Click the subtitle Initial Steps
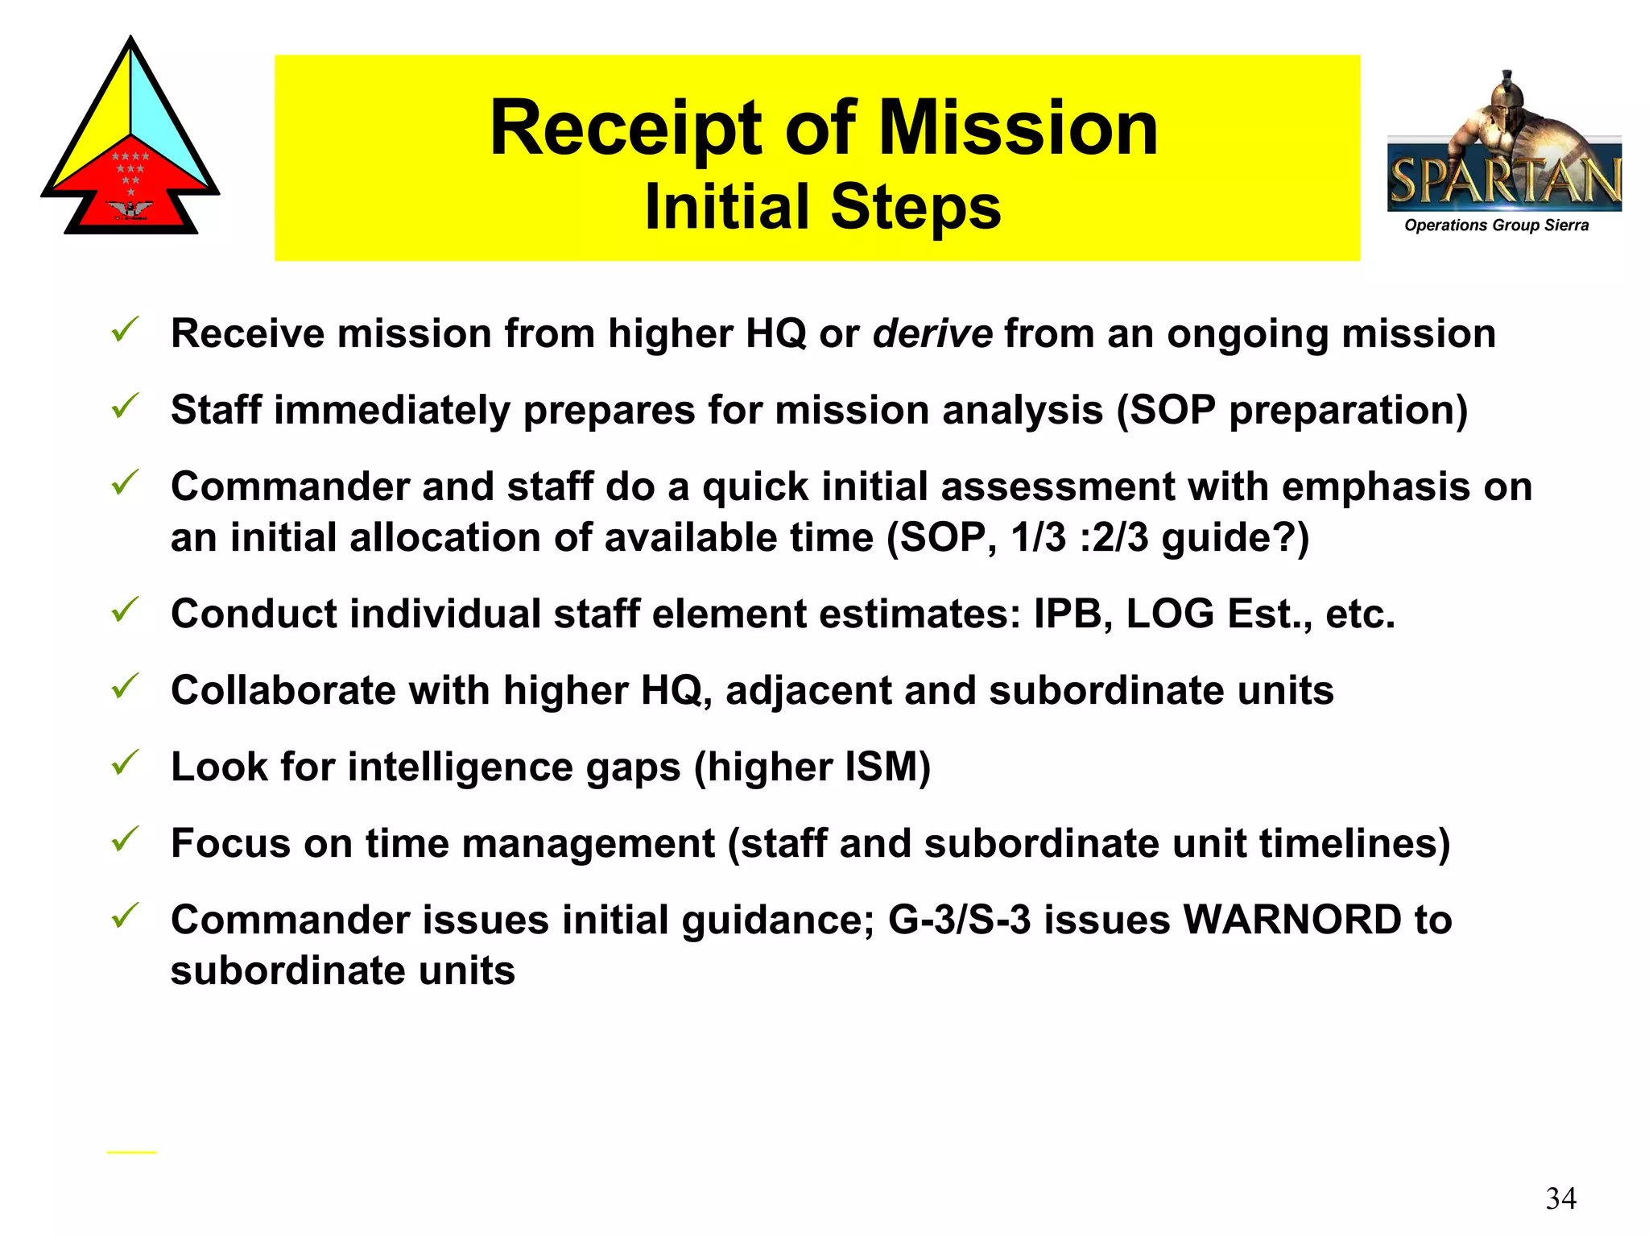823,207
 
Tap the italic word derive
932,333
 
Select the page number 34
1560,1198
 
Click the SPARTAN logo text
1504,180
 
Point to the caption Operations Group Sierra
1496,225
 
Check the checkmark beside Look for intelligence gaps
126,762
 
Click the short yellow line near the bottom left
131,1152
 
